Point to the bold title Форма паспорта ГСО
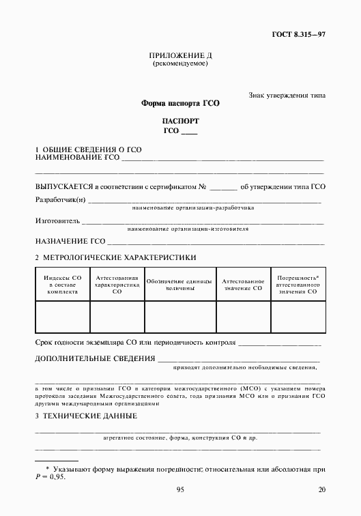click(x=180, y=104)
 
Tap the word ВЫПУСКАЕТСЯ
click(x=63, y=186)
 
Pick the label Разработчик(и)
click(x=60, y=200)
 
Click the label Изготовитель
click(x=57, y=221)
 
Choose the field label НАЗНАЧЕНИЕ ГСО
click(x=70, y=242)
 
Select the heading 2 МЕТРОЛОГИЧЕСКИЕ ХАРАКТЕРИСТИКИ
click(x=115, y=258)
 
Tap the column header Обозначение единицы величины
click(x=180, y=284)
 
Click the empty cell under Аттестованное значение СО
click(x=243, y=316)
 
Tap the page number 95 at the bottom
click(x=180, y=489)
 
